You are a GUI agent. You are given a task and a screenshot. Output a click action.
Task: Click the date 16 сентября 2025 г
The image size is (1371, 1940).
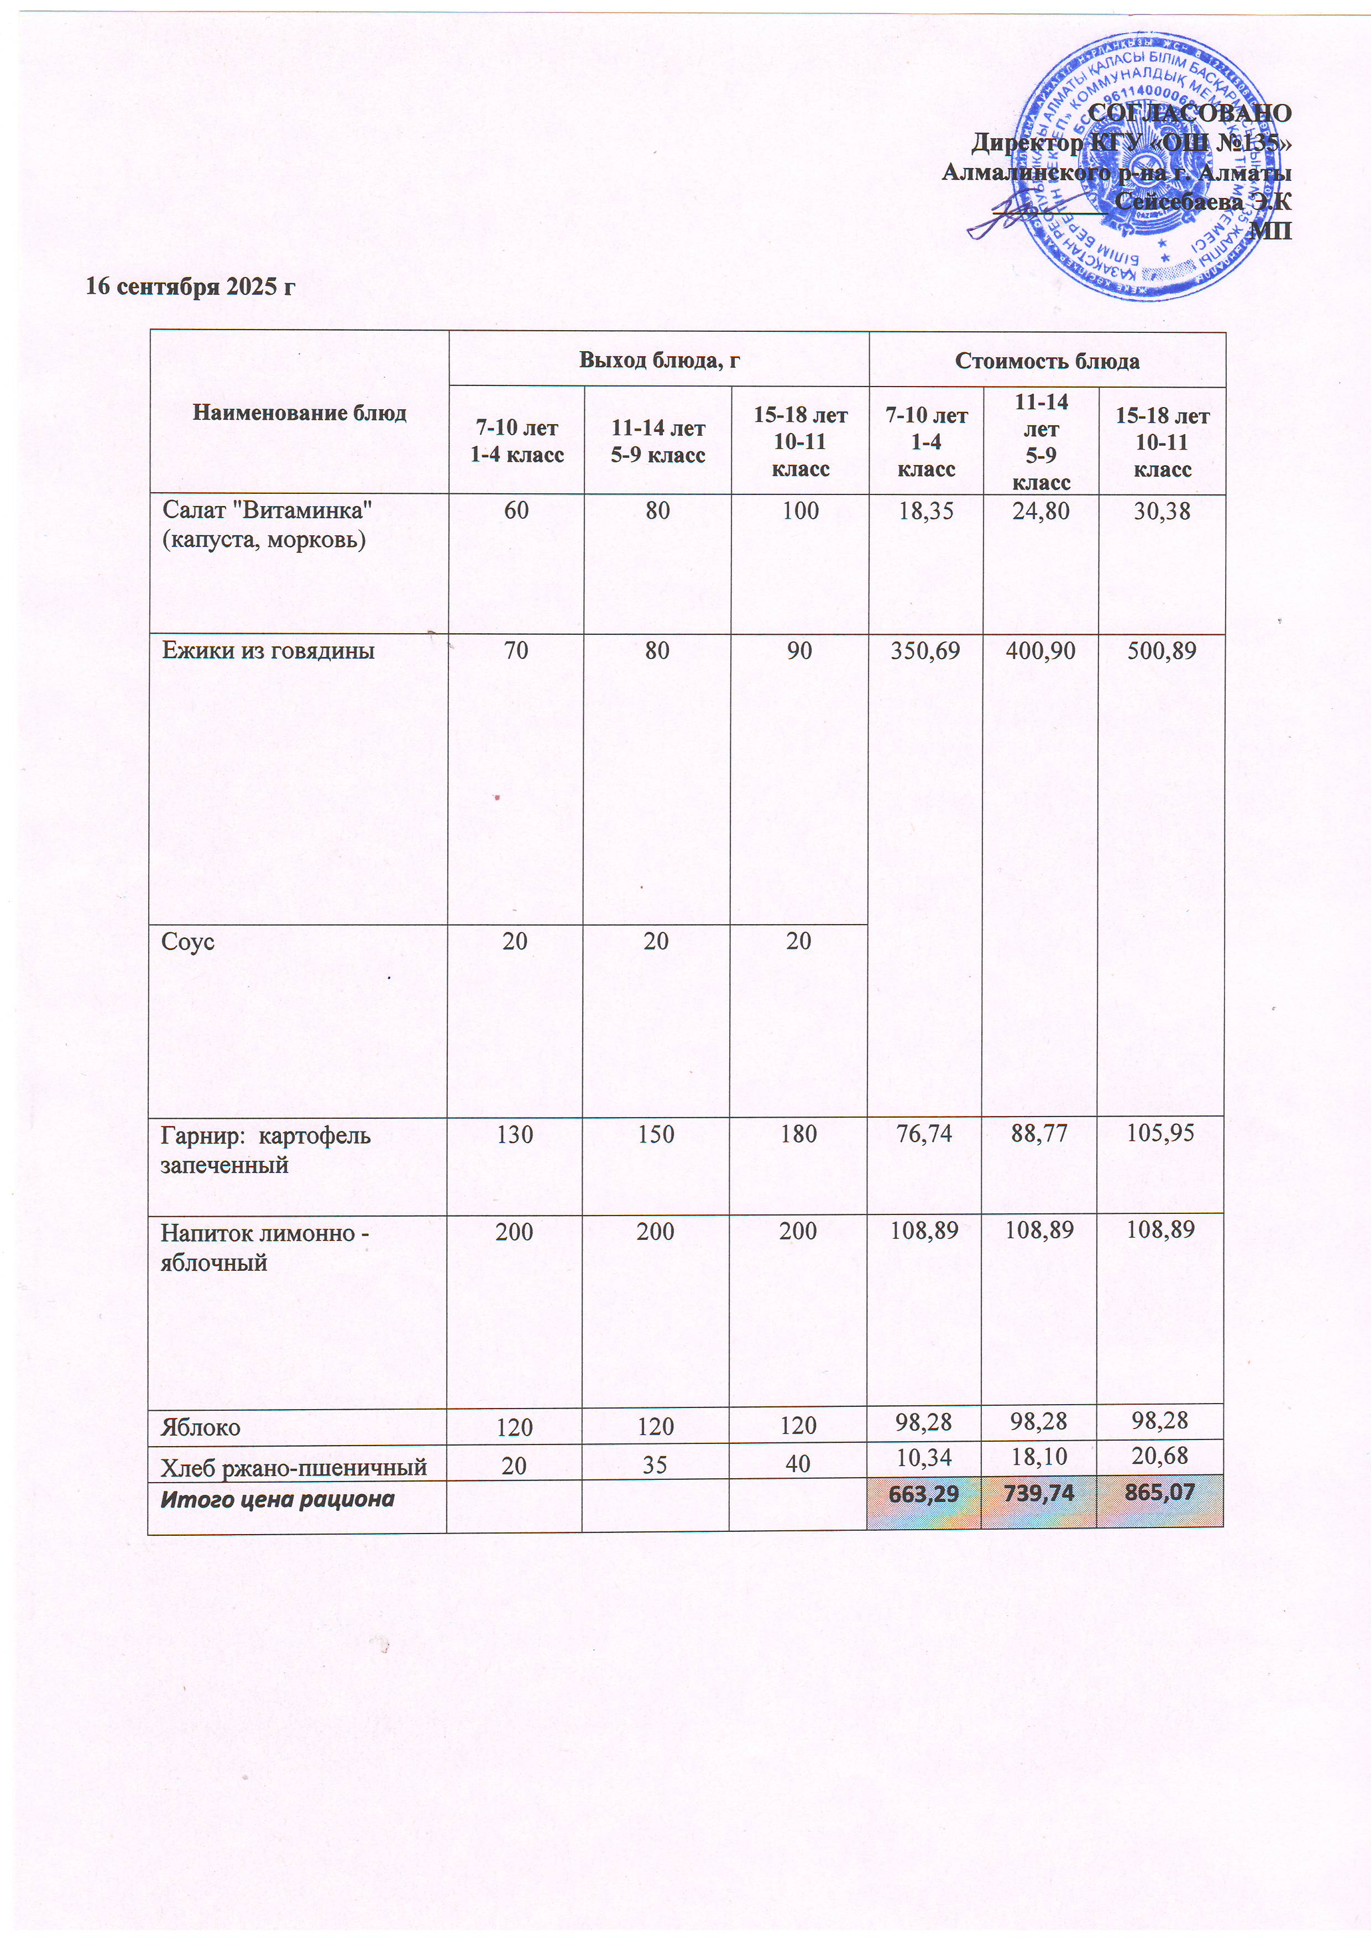click(190, 287)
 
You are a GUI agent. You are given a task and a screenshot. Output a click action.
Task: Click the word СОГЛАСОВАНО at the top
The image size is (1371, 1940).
click(1189, 113)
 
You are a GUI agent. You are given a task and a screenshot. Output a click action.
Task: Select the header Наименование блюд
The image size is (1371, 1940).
click(299, 413)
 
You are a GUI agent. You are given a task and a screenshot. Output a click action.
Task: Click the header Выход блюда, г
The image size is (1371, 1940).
click(659, 360)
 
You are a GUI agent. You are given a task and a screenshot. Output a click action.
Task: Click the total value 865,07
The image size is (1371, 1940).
click(1161, 1492)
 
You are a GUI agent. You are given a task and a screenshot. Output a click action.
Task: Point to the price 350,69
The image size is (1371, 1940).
click(926, 650)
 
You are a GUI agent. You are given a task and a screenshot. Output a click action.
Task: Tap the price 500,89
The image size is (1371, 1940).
click(1161, 650)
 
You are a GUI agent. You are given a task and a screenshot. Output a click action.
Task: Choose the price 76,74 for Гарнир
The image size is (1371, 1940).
click(924, 1133)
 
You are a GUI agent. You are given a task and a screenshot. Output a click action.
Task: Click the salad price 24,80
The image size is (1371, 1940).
click(1041, 510)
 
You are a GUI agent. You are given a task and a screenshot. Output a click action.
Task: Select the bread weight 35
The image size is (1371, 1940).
click(656, 1464)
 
